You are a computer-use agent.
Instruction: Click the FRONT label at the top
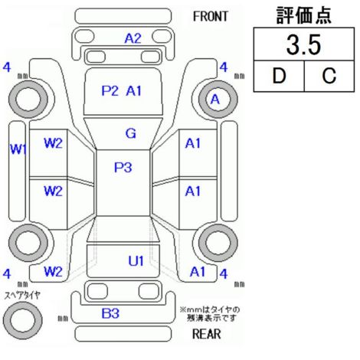(211, 17)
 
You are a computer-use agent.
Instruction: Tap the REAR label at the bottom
(207, 334)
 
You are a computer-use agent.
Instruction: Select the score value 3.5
(303, 45)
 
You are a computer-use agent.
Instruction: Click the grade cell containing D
(279, 76)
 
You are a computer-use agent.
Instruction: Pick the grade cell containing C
(329, 76)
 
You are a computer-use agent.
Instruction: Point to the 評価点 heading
(303, 15)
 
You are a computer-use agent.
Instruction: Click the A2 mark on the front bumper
(133, 38)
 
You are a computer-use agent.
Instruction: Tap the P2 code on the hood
(110, 90)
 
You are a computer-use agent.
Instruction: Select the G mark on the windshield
(131, 133)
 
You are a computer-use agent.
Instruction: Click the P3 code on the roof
(123, 168)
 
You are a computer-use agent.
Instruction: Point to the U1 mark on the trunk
(136, 261)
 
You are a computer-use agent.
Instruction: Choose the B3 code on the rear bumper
(110, 313)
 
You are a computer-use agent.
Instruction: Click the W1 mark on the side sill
(18, 149)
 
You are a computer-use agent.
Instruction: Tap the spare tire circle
(23, 320)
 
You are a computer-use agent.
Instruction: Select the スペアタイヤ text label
(22, 296)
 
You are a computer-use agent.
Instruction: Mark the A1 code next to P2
(133, 90)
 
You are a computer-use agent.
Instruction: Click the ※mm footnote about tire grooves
(210, 314)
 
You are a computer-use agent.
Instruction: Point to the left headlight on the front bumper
(83, 37)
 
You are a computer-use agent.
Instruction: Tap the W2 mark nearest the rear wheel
(53, 271)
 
